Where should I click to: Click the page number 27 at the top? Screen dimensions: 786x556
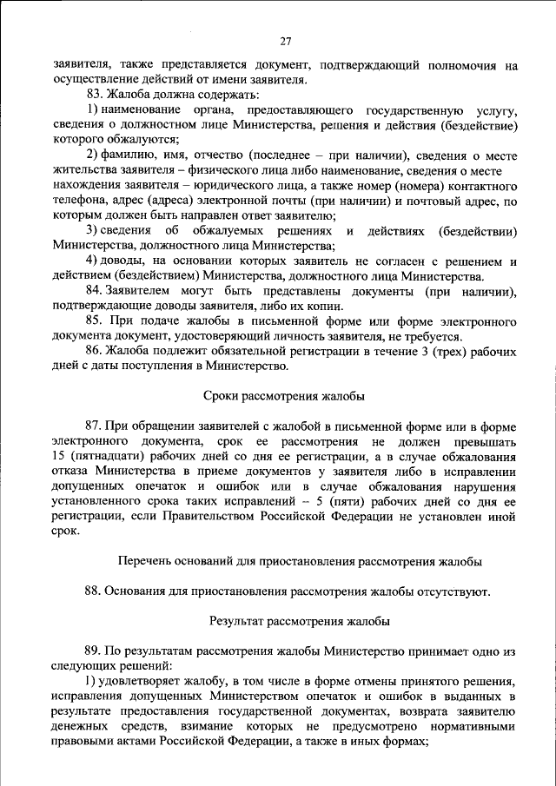[x=286, y=41]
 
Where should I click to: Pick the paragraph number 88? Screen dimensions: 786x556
[x=94, y=591]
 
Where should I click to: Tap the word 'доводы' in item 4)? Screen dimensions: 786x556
[x=122, y=261]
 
